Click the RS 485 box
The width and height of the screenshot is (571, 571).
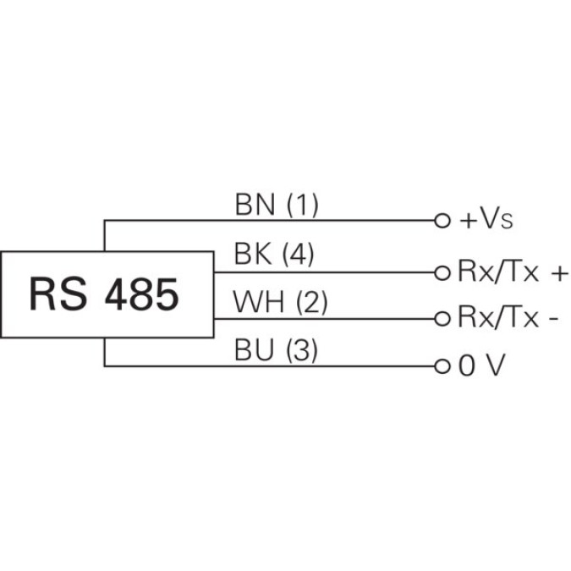[107, 294]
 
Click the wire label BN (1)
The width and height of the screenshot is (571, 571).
[276, 205]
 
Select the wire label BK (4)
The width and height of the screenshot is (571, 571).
[273, 254]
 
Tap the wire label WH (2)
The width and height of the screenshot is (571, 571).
[279, 302]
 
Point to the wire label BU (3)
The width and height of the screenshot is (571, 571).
[276, 350]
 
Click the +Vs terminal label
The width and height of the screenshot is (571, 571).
[486, 221]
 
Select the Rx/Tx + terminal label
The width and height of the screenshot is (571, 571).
[513, 272]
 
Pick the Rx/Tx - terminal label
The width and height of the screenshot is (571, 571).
[508, 318]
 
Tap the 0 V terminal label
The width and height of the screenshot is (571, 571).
[480, 366]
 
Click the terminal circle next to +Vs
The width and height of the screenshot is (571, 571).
[440, 221]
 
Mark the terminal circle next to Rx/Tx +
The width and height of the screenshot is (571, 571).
[440, 272]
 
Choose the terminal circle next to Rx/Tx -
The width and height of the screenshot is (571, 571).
[440, 319]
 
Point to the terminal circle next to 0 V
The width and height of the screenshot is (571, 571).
[440, 367]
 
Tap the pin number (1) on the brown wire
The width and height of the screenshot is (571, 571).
[302, 205]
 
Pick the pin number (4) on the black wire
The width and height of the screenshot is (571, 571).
[297, 254]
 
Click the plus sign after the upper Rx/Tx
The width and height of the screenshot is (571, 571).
[559, 272]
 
